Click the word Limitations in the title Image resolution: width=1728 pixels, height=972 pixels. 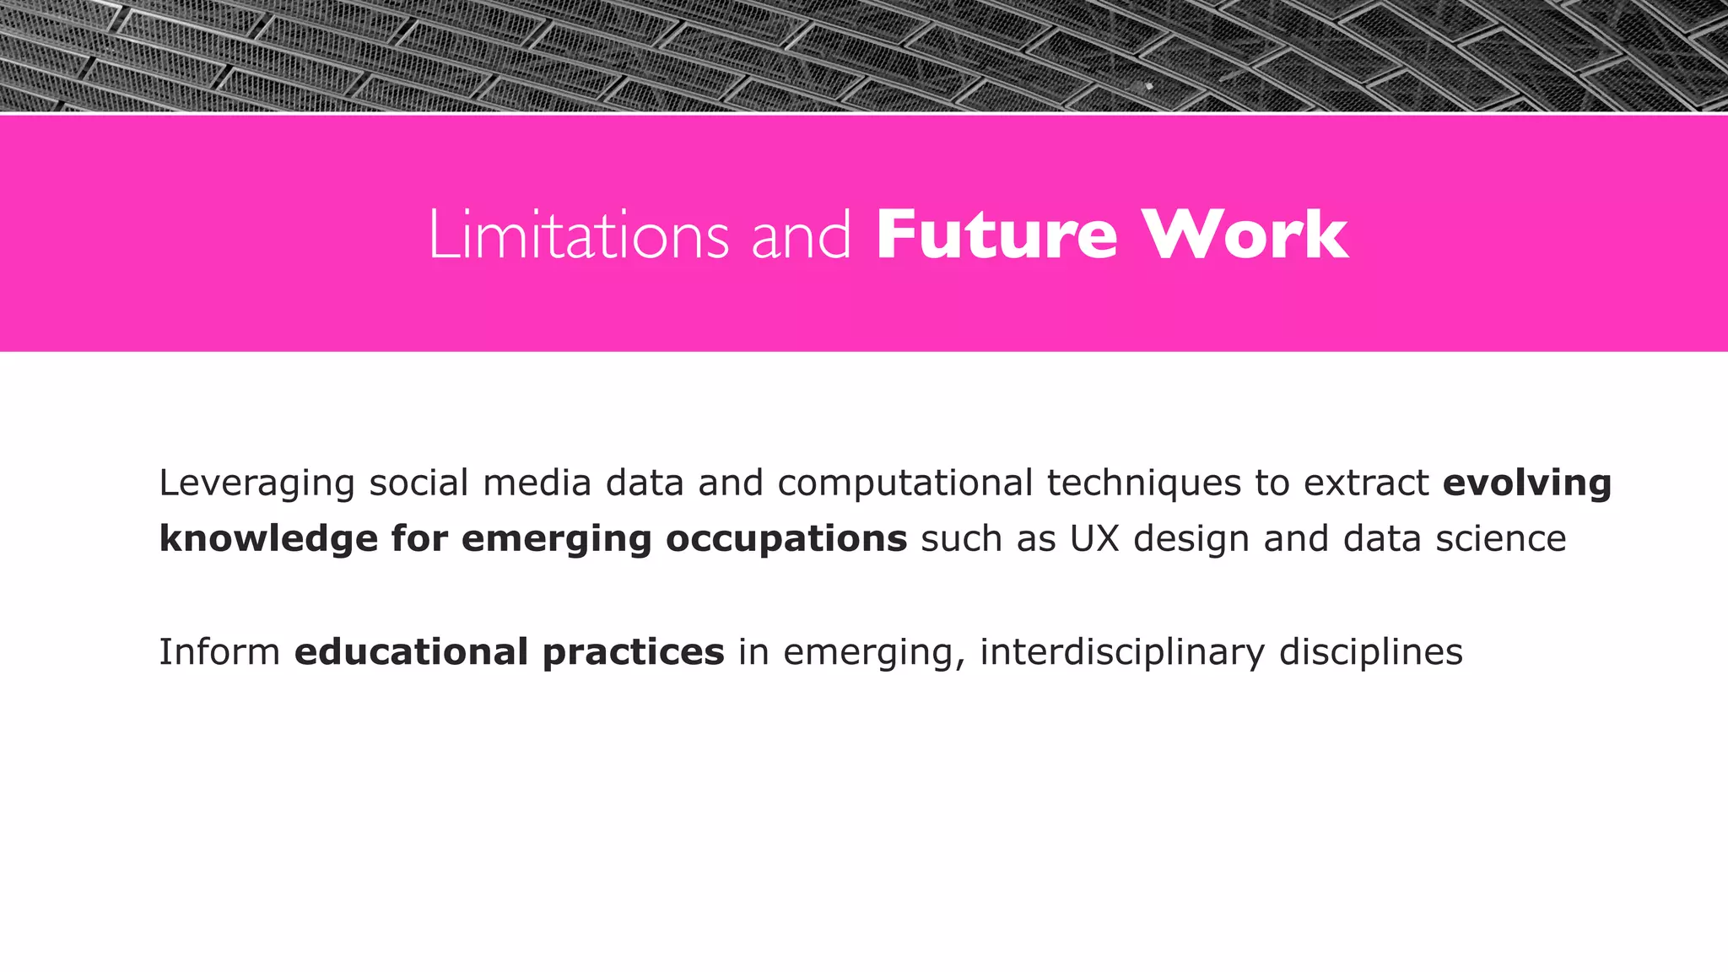579,235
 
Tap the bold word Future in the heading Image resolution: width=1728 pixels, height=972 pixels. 996,235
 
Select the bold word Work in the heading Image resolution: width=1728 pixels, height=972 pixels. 1245,235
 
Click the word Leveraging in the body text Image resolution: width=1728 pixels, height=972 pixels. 256,483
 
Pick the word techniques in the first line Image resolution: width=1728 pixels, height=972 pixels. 1143,483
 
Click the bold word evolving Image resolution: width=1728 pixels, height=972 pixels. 1527,483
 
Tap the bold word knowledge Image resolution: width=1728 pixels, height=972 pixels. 268,539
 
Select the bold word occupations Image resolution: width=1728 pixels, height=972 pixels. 786,539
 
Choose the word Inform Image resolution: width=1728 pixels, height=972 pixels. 219,652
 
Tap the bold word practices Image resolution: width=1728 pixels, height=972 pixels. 633,652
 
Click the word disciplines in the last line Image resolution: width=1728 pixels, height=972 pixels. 1370,652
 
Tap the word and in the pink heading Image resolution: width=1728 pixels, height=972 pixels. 801,235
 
